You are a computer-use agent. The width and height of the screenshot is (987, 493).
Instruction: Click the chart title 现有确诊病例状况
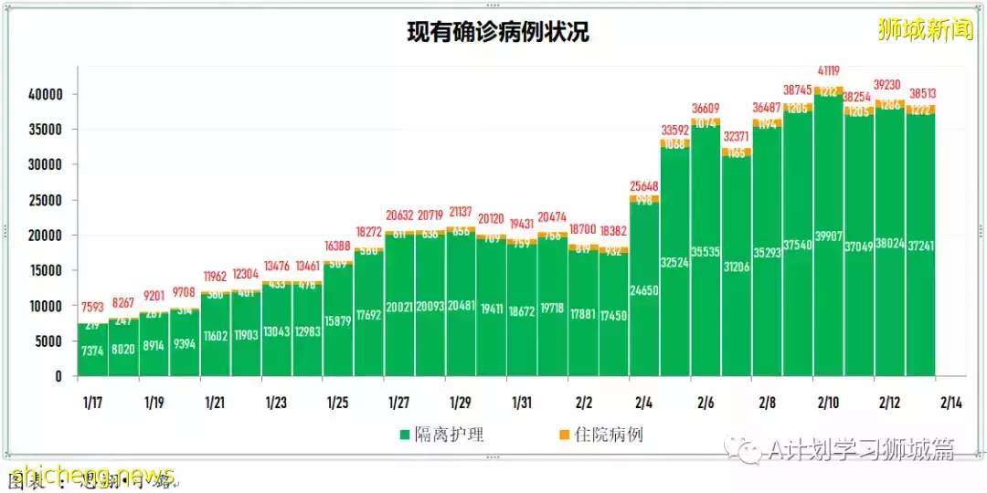coord(497,33)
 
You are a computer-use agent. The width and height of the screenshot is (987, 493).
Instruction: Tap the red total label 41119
coord(829,70)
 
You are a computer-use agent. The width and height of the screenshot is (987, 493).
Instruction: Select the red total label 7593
coord(92,307)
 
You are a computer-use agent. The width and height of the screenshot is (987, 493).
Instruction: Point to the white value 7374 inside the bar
coord(92,351)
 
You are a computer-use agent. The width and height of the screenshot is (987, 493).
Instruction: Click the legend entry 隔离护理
coord(441,435)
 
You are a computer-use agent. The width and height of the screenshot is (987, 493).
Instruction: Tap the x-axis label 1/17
coord(92,403)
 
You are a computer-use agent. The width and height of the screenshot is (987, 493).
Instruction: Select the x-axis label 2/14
coord(950,403)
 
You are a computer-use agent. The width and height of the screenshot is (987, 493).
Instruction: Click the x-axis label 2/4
coord(644,403)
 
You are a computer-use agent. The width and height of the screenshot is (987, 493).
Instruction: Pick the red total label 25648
coord(644,186)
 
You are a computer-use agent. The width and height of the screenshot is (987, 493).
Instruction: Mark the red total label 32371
coord(737,137)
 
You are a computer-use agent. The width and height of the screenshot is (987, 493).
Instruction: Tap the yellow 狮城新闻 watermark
coord(925,30)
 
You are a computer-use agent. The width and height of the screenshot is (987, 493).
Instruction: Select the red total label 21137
coord(461,212)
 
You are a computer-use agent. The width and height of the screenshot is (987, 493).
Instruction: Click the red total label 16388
coord(337,246)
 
